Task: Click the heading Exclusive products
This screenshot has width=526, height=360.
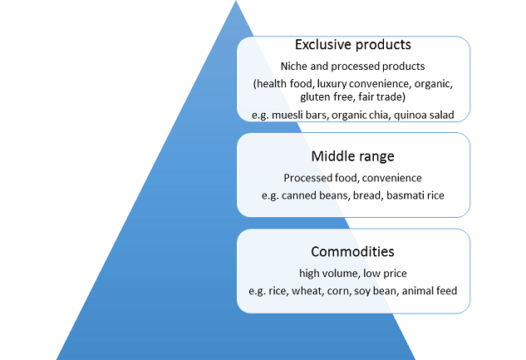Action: tap(353, 45)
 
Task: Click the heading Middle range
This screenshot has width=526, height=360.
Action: tap(353, 156)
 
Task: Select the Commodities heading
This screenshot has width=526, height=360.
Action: tap(352, 252)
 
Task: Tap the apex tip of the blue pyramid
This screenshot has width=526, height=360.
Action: tap(236, 1)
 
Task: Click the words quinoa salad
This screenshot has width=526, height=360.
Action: tap(424, 115)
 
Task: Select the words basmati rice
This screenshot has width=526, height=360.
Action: tap(415, 195)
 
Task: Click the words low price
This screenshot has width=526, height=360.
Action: tap(385, 274)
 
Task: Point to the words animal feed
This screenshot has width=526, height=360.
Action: tap(430, 290)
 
